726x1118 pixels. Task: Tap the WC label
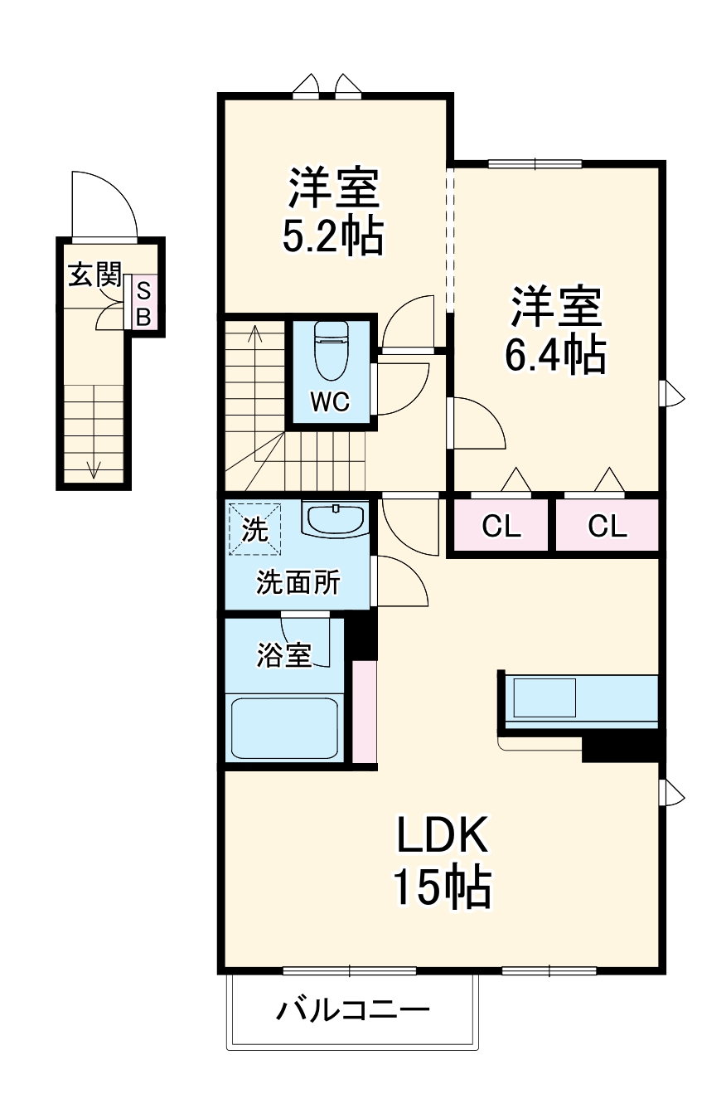[331, 402]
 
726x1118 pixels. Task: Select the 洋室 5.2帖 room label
[333, 212]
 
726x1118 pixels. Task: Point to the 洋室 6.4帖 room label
[554, 330]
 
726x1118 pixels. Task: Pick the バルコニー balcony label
[353, 1011]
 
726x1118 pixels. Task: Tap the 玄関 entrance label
[94, 275]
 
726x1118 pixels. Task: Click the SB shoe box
[143, 304]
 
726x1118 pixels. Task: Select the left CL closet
[502, 527]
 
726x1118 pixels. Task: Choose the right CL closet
[607, 527]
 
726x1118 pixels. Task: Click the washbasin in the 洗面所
[336, 519]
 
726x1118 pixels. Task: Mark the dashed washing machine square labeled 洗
[255, 529]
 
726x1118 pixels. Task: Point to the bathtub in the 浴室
[284, 727]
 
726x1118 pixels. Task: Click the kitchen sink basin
[544, 698]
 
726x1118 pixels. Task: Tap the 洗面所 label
[298, 583]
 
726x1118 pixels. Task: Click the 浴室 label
[283, 655]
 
